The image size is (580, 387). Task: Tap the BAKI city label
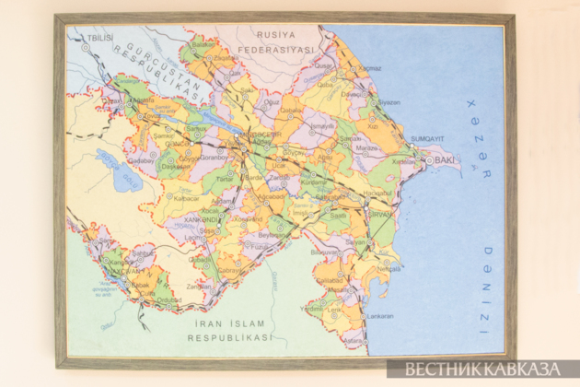445,160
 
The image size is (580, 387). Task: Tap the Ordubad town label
168,299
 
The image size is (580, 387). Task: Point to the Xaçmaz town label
370,68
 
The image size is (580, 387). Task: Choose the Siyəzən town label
389,102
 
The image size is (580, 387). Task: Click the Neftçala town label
388,270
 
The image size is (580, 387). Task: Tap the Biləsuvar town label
324,252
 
